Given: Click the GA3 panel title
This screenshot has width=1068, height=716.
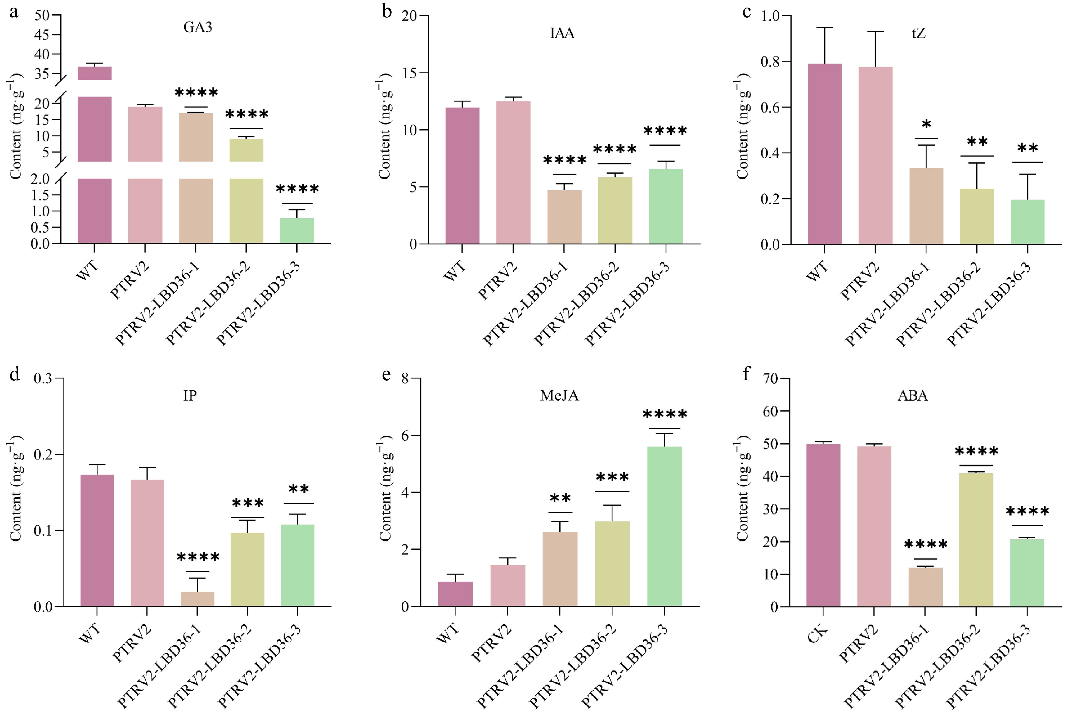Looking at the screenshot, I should (x=198, y=27).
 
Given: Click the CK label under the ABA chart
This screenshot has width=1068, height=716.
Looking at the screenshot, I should (x=817, y=634).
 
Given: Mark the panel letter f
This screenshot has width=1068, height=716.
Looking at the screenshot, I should (x=746, y=374).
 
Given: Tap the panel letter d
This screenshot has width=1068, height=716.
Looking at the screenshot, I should (x=15, y=374).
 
